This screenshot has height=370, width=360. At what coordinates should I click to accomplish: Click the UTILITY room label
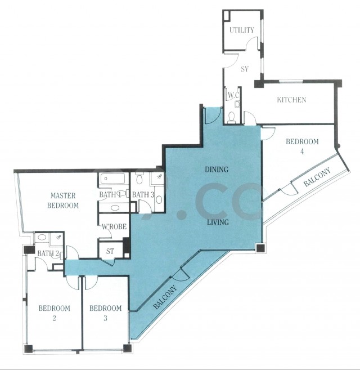(242, 30)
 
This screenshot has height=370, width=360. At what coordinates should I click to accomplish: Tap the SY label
(245, 69)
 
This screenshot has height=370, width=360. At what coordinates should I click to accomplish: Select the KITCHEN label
(291, 100)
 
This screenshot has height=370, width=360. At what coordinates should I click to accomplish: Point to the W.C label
(233, 96)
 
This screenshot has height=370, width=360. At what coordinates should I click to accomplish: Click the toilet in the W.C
(232, 117)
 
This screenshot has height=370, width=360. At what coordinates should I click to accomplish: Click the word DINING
(217, 170)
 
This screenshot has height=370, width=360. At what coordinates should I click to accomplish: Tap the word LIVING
(218, 222)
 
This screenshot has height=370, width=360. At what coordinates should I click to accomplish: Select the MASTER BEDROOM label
(63, 200)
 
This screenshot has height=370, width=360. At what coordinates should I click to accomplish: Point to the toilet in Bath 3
(139, 178)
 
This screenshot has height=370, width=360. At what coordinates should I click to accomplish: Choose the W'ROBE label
(114, 227)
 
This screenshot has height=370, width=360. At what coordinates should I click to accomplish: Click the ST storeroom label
(110, 252)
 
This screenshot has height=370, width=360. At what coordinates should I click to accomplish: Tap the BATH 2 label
(48, 253)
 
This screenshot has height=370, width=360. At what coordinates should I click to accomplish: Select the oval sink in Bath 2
(42, 237)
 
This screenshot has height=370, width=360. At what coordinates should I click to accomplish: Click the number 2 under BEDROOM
(54, 318)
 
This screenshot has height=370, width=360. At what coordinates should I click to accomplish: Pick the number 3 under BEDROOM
(105, 318)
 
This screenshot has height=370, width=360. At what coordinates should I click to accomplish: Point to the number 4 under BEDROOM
(302, 151)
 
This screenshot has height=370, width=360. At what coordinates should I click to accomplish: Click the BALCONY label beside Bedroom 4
(317, 177)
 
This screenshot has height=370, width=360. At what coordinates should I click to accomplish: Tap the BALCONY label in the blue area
(165, 297)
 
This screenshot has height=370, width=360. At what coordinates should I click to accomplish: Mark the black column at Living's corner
(260, 248)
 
